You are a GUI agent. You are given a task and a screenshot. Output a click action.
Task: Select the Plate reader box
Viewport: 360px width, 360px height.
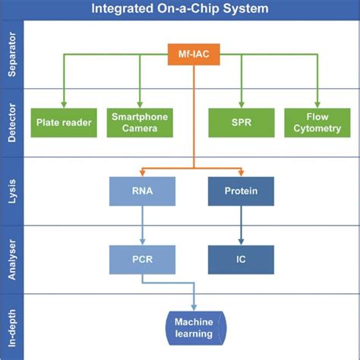[x=63, y=123]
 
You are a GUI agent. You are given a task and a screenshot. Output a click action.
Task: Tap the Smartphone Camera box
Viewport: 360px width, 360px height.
[x=139, y=123]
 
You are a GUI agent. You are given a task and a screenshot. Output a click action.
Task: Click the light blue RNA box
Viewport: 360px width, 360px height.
[x=142, y=191]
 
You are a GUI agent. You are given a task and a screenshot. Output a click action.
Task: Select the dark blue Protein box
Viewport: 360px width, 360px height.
[x=240, y=191]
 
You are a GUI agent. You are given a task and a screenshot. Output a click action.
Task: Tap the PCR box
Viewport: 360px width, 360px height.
[x=142, y=258]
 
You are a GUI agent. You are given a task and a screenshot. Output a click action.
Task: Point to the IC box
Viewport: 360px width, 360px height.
[x=240, y=258]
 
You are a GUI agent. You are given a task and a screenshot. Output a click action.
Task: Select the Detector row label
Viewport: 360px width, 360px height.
[x=12, y=123]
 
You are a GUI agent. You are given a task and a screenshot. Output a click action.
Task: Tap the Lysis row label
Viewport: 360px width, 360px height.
[x=12, y=191]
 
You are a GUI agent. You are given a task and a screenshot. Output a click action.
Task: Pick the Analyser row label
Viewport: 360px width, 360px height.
[x=12, y=258]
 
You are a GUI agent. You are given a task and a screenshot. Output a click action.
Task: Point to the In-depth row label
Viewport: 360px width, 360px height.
[x=12, y=327]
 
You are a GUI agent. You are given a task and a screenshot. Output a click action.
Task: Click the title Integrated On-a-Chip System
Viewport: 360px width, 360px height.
[x=179, y=10]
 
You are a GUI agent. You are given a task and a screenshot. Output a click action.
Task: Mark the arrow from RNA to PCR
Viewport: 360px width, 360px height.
[x=142, y=225]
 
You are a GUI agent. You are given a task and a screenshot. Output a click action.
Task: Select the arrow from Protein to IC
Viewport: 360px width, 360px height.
[x=240, y=225]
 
